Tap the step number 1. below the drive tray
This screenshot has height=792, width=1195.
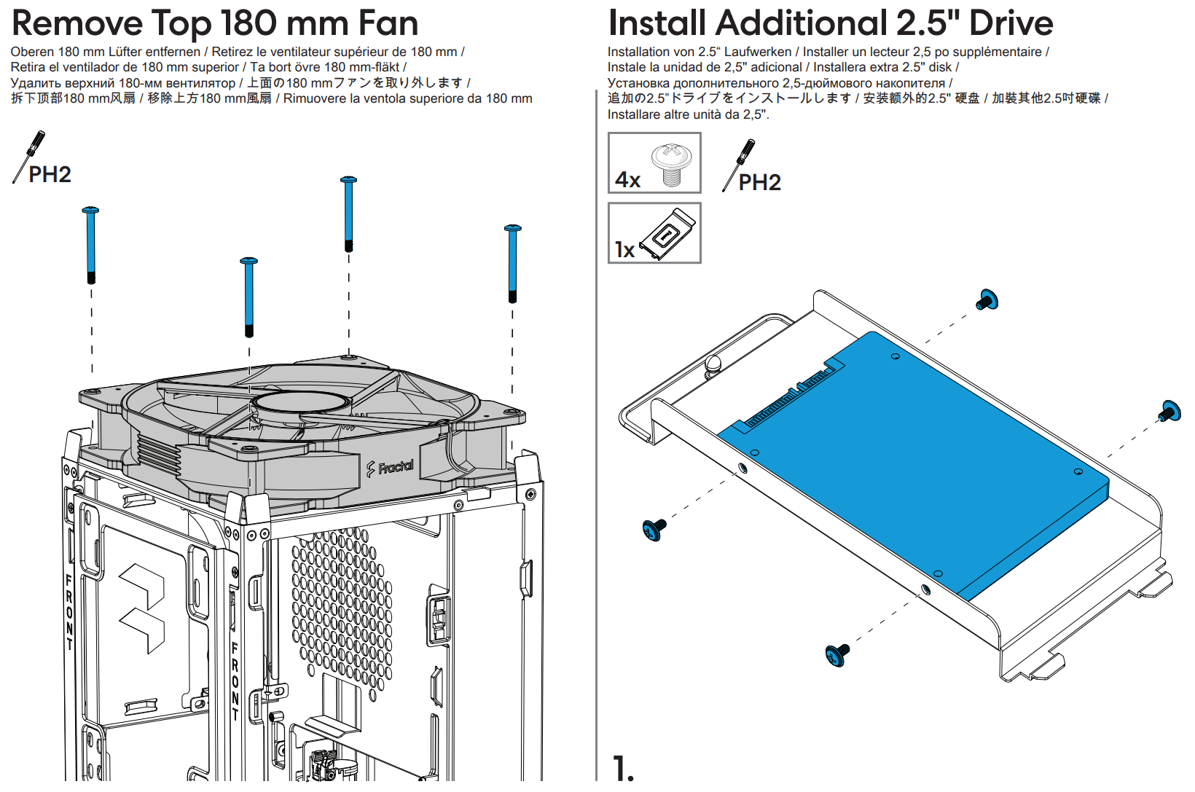coord(623,769)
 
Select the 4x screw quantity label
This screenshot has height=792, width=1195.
coord(627,179)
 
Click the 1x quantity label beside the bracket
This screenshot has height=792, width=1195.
coord(624,250)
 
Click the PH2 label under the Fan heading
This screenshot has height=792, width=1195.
coord(50,175)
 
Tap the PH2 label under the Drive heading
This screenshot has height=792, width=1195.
coord(759,183)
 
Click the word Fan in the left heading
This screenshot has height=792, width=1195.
coord(388,23)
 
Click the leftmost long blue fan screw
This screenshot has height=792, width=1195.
coord(91,245)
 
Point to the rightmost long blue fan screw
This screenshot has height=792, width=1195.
coord(512,263)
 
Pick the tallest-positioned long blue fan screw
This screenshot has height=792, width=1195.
coord(349,213)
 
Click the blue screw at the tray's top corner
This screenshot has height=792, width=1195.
coord(987,300)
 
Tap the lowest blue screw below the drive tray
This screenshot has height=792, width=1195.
coord(837,654)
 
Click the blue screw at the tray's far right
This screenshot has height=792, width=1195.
coord(1169,412)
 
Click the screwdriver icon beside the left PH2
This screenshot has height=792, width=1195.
coord(30,154)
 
